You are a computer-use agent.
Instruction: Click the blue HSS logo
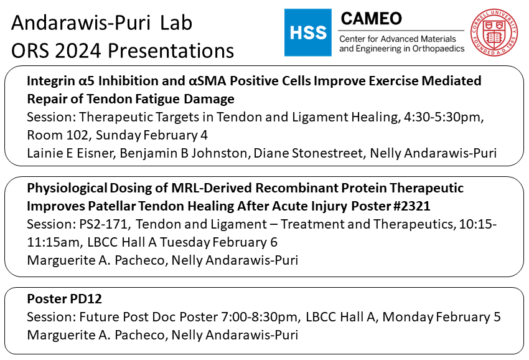coord(307,32)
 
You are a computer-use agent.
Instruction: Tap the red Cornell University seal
coord(496,32)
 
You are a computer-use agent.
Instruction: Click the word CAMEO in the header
coord(370,18)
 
